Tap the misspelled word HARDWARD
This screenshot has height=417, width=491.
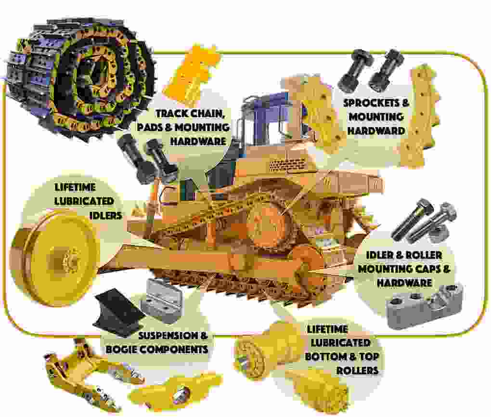click(x=376, y=130)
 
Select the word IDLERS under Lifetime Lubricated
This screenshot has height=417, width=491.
click(x=105, y=215)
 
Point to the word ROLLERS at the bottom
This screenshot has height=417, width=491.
click(x=357, y=370)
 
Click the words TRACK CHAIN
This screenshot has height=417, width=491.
click(x=190, y=114)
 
